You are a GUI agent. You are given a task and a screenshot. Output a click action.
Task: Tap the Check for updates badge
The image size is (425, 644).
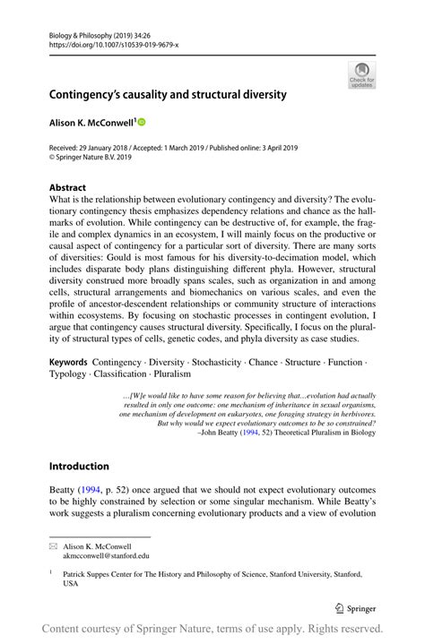pos(361,75)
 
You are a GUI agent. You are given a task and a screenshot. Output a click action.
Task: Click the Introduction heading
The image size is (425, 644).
pos(79,467)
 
